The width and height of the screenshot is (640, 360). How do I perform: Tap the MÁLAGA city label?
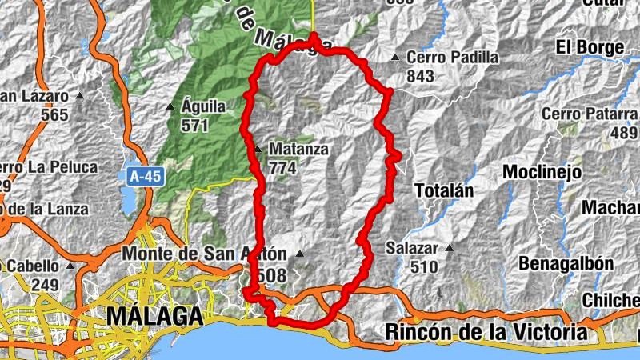(154, 316)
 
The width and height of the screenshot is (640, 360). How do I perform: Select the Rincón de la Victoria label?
(486, 331)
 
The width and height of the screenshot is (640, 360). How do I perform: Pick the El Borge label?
(590, 47)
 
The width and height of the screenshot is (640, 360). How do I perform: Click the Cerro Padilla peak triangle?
(395, 58)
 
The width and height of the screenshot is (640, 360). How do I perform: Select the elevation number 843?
(420, 76)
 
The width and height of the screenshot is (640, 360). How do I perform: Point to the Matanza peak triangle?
(258, 149)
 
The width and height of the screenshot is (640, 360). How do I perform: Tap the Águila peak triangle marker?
(170, 106)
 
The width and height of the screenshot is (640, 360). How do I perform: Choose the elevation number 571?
(194, 125)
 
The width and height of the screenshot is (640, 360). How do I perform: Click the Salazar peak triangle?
(449, 248)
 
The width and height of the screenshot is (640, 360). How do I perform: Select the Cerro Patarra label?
(590, 114)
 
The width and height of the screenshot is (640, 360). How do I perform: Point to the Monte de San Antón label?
(205, 254)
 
